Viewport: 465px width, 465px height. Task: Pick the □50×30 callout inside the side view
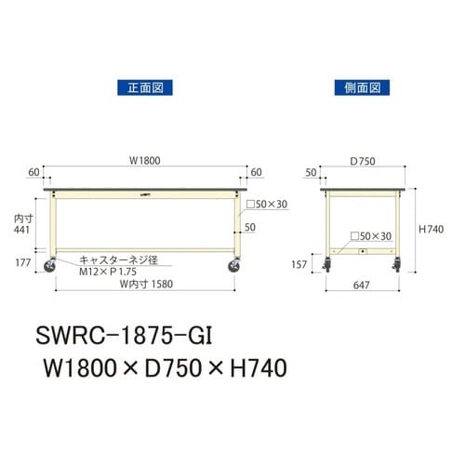coord(372,236)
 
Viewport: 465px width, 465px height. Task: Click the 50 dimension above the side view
coord(309,173)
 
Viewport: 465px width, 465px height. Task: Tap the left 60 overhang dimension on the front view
coord(34,173)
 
